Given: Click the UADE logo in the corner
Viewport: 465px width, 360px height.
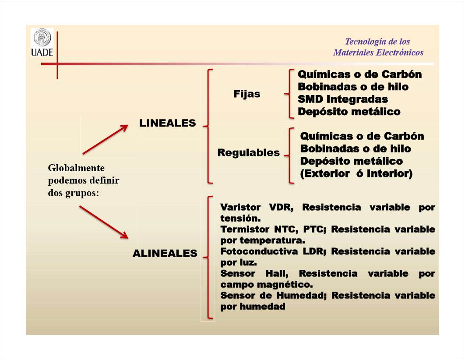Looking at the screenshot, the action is coord(42,42).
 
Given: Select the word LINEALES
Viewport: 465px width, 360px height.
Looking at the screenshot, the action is coord(168,123).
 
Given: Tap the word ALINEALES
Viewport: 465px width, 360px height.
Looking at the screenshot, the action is coord(165,253).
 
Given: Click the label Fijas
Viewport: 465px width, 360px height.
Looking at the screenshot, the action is coord(247,94).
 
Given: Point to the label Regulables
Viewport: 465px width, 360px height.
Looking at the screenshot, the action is coord(249,152).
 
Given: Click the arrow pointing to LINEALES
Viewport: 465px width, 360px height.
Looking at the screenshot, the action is coord(105,139).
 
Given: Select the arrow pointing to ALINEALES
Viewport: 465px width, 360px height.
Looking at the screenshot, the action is coord(104,222).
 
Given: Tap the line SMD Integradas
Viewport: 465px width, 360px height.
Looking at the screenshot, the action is coord(343,99).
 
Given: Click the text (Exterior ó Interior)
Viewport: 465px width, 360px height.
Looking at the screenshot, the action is coord(356,173).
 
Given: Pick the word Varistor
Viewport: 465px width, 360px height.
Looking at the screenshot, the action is coord(240,207).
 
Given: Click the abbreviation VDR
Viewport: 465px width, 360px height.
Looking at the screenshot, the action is coord(281,207).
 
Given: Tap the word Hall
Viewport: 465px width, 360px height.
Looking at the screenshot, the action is coord(277,273).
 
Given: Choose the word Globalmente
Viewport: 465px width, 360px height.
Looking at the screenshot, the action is coord(76,168).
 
